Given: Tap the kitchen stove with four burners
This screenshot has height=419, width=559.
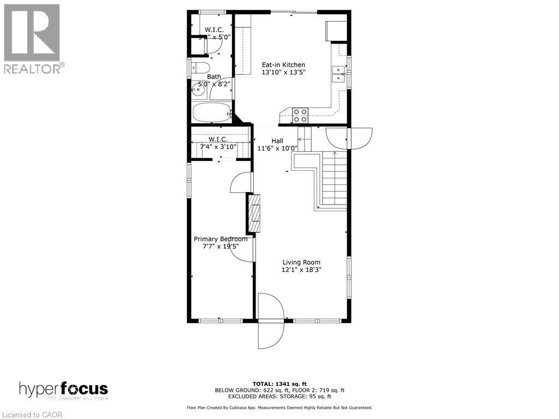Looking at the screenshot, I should click(300, 115).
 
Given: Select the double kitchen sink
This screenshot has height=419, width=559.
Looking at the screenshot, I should click(339, 74).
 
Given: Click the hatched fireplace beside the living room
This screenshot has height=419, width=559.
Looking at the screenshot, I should click(254, 212).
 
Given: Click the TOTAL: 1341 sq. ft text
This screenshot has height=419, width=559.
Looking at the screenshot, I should click(279, 383).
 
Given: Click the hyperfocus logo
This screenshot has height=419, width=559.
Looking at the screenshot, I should click(63, 390).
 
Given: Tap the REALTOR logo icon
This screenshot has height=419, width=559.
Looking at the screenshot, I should click(32, 33).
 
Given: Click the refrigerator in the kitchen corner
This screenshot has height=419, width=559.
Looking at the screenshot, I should click(336, 31).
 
